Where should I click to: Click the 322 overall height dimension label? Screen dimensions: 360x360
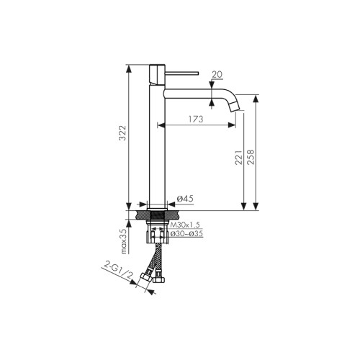point(122,134)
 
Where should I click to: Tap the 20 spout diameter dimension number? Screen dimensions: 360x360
point(217,73)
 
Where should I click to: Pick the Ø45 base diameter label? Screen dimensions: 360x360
point(184,199)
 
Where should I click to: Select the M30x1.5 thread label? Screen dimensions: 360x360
point(185,226)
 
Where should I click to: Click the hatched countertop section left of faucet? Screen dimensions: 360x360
point(142,215)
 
